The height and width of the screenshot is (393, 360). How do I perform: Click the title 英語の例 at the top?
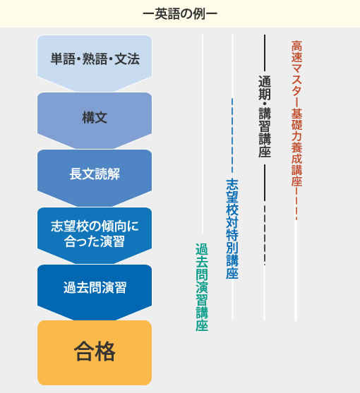tap(180, 14)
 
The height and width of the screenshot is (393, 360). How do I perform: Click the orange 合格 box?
tap(95, 353)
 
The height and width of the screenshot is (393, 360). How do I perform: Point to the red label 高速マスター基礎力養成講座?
tap(296, 114)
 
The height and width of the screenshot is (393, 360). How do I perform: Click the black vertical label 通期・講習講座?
tap(265, 116)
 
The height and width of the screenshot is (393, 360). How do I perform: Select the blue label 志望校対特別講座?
tap(232, 229)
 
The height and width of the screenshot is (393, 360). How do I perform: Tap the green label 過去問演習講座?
tap(202, 287)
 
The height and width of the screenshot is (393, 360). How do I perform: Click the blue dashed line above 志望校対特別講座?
tap(232, 135)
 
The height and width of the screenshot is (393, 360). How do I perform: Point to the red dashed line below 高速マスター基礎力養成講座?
tap(296, 204)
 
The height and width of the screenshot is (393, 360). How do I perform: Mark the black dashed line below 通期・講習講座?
tap(265, 235)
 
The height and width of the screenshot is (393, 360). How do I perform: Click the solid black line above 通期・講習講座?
tap(265, 53)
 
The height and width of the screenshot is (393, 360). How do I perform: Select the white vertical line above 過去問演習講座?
tap(203, 134)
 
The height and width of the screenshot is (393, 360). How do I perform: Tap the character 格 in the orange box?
tap(105, 351)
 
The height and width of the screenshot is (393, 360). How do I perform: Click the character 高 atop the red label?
tap(296, 46)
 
